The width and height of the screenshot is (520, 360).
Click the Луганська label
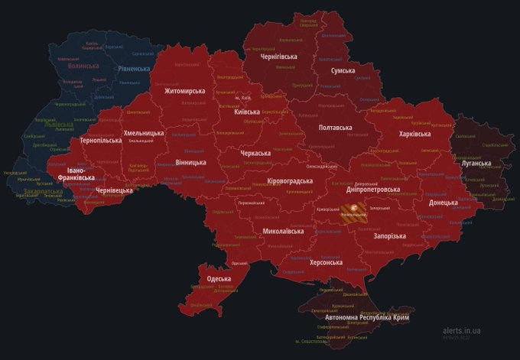click(476, 164)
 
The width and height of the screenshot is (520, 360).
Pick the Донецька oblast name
click(444, 203)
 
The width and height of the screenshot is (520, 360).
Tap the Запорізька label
click(389, 236)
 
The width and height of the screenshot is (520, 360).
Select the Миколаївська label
click(284, 230)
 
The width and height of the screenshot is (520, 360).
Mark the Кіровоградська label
click(290, 180)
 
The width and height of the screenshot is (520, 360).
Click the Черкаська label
click(255, 153)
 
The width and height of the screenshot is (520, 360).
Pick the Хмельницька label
click(144, 132)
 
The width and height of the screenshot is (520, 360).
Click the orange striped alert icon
click(353, 208)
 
